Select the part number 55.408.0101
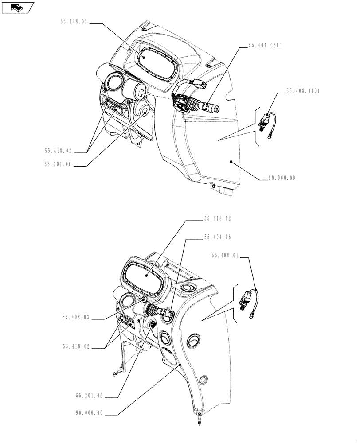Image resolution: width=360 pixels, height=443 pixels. [x=303, y=91]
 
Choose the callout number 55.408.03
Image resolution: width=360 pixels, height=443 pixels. [x=76, y=317]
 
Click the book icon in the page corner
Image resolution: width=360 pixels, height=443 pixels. [x=17, y=7]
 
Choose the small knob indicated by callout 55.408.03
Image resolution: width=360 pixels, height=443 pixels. [x=143, y=301]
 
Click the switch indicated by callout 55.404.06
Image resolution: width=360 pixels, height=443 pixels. [x=167, y=314]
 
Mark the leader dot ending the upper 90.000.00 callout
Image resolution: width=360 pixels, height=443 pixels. [x=231, y=162]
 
